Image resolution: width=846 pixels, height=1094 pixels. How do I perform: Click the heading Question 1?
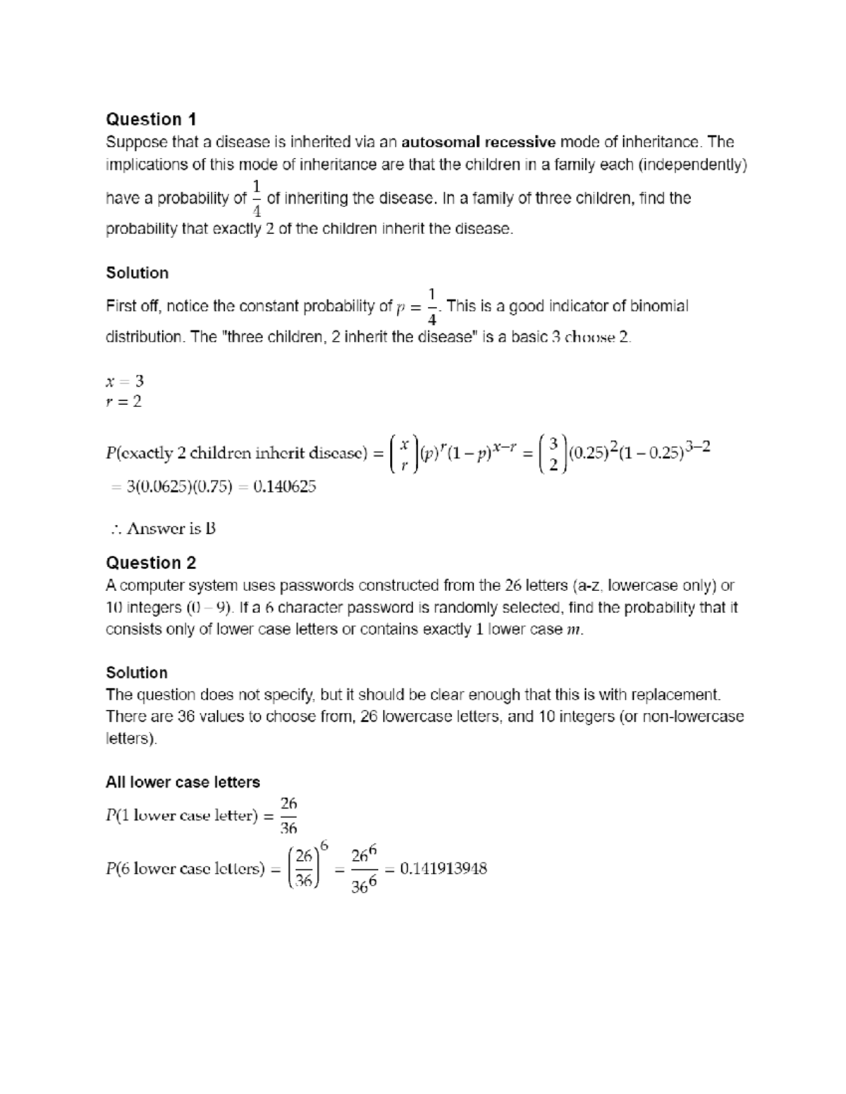point(151,119)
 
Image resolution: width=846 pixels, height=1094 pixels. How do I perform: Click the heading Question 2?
point(151,563)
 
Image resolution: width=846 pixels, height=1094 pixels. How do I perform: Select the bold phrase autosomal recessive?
point(479,142)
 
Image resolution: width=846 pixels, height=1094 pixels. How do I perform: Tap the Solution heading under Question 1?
point(137,273)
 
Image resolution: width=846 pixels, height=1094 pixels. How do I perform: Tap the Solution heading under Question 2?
point(137,673)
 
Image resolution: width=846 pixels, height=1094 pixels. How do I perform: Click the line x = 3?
point(124,381)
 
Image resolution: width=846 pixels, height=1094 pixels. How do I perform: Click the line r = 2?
point(123,402)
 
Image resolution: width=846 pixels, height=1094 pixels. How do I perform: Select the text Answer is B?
point(169,528)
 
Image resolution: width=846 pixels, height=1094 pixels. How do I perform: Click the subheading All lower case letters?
point(183,782)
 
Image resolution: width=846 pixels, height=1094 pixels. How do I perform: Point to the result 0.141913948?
point(443,869)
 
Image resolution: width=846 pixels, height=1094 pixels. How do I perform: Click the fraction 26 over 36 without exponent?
point(288,816)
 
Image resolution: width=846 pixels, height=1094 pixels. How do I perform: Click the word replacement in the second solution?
point(677,695)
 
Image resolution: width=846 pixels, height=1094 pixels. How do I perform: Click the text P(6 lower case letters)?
point(185,869)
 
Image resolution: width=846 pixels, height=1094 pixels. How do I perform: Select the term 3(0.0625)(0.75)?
point(178,486)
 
